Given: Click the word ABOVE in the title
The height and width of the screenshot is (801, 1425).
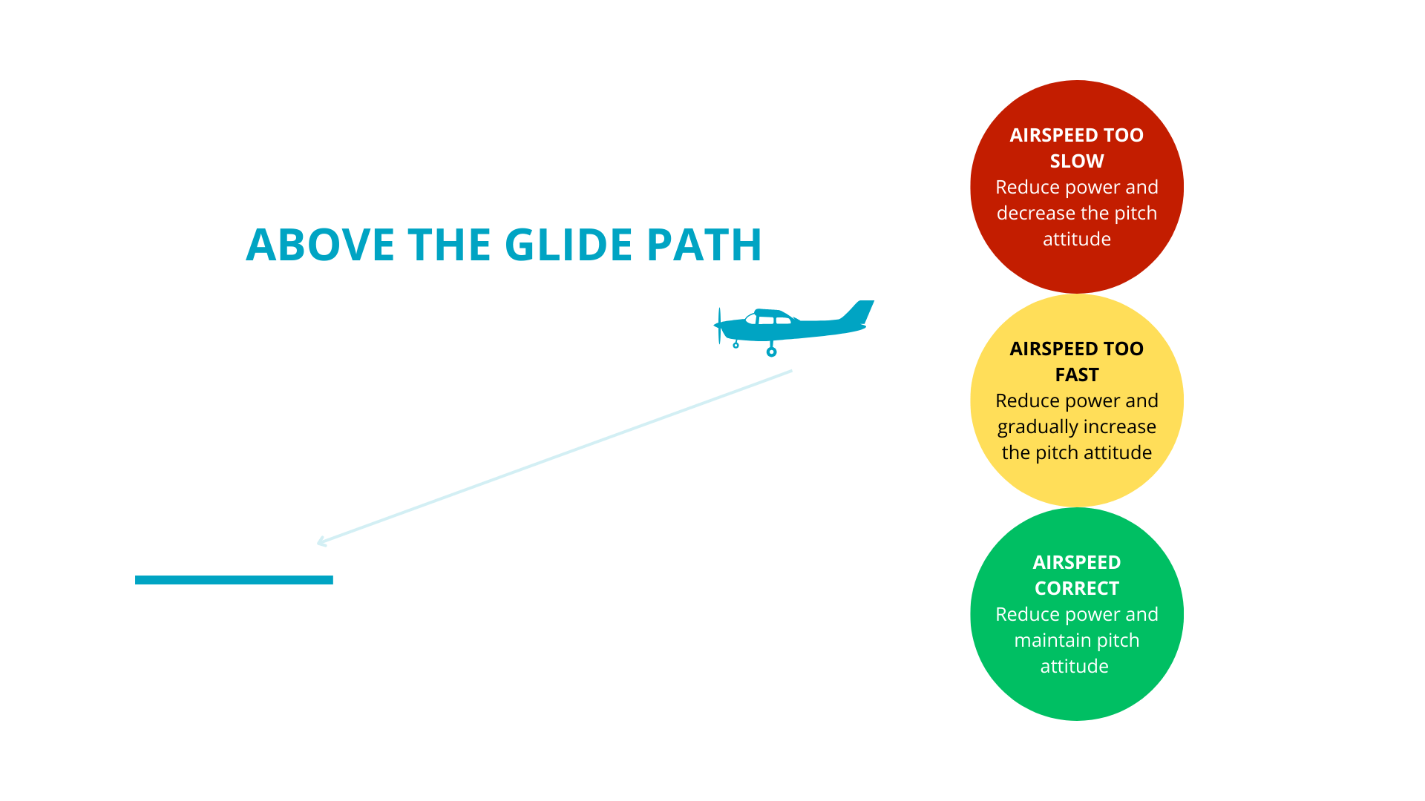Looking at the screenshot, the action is click(320, 245).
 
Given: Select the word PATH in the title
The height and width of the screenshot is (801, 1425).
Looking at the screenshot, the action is click(704, 245).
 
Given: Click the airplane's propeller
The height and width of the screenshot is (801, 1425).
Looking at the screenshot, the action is click(719, 326).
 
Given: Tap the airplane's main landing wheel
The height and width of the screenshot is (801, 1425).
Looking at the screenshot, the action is click(772, 352).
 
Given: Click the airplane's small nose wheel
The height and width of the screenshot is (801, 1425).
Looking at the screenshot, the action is click(736, 345).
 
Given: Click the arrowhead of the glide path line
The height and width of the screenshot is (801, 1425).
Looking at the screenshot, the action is click(322, 541).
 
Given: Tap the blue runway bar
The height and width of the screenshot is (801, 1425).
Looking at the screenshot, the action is click(234, 580).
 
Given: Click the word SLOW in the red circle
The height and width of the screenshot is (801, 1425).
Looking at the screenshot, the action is click(1077, 161).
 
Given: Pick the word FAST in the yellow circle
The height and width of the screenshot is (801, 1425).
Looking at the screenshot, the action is click(1077, 375).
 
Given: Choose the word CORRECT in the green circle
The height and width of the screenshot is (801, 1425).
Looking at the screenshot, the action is click(1077, 588).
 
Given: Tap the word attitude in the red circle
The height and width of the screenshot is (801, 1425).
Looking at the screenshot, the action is click(1077, 240).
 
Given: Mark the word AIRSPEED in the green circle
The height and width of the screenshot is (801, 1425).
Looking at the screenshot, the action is click(1077, 562).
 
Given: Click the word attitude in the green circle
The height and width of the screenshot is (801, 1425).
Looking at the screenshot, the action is click(1075, 667).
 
